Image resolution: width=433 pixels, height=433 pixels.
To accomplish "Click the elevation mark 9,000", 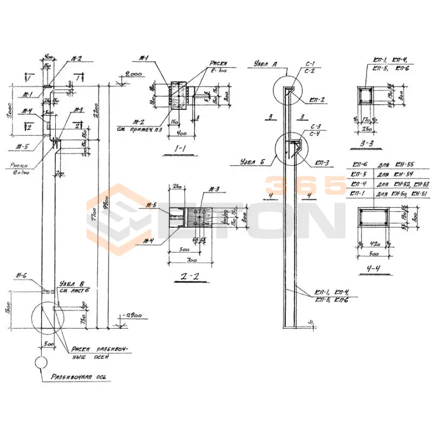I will tap(134, 74).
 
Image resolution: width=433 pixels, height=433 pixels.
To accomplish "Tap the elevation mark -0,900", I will tap(132, 315).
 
